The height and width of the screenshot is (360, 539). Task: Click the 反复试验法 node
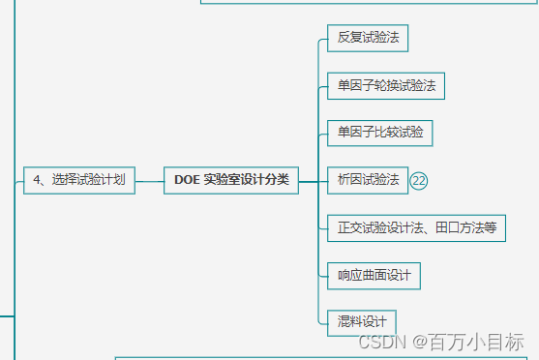coord(368,39)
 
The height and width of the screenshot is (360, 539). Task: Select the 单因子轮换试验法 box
coord(386,85)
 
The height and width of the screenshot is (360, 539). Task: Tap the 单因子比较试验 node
coord(379,132)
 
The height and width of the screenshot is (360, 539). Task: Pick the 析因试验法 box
coord(368,179)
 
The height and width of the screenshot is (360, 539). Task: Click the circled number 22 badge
coord(419,180)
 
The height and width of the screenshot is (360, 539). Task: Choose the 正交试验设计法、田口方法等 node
coord(416,228)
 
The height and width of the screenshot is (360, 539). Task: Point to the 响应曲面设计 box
coord(374,276)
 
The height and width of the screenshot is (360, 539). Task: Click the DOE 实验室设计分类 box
coord(231,179)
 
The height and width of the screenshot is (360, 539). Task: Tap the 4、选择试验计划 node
coord(79,179)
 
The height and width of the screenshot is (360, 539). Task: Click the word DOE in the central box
coord(187,179)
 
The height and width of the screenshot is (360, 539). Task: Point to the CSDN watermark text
coord(380,343)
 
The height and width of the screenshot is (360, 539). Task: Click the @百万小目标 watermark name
coord(469,343)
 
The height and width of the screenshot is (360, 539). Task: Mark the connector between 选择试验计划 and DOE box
coord(149,179)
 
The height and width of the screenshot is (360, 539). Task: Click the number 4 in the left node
coord(37,179)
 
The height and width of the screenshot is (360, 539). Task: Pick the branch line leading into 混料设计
coord(322,321)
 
